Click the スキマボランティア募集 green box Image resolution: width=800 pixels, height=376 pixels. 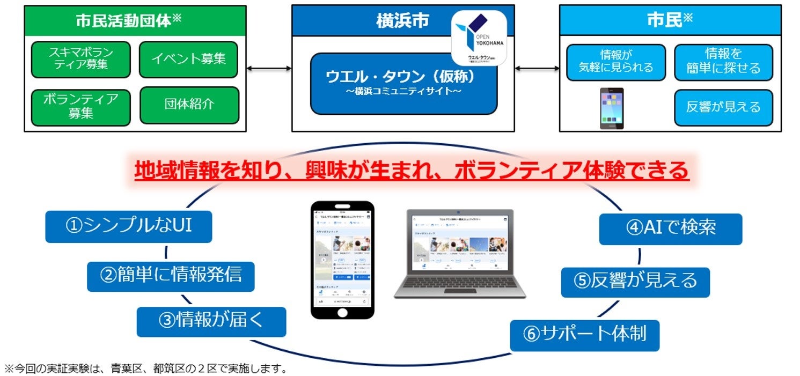pos(81,59)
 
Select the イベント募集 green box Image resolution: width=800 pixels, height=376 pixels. pos(188,59)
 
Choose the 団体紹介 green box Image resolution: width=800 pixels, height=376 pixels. pos(189,105)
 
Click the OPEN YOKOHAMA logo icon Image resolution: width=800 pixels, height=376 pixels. pos(479,38)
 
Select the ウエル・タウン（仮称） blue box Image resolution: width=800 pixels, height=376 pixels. pos(403,83)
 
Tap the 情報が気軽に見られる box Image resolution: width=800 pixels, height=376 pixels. pos(615,62)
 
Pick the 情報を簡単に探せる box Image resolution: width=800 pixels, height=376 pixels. pos(723,62)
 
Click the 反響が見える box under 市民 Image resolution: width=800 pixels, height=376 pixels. pos(723,107)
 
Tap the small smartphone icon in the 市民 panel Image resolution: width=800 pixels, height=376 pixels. pos(611,108)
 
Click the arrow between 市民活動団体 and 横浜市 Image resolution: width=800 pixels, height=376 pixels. pos(269,69)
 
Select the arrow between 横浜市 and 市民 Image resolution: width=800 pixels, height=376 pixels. pos(537,69)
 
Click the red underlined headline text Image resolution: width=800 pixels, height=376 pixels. pos(411,171)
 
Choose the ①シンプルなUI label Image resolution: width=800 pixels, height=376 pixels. pos(128,226)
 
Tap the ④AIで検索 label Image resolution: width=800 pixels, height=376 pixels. pos(670,228)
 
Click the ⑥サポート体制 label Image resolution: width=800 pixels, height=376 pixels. pos(584,335)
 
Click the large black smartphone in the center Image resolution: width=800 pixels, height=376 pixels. pos(342,260)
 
